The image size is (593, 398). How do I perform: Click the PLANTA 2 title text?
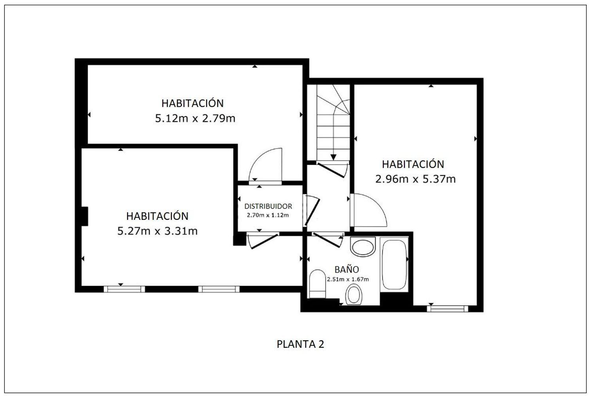[300, 344]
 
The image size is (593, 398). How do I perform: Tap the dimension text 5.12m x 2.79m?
[195, 118]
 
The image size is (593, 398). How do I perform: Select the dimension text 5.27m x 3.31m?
[157, 231]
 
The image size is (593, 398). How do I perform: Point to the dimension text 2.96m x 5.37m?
[415, 179]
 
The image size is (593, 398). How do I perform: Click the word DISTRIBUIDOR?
[268, 206]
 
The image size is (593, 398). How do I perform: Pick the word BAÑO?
[347, 269]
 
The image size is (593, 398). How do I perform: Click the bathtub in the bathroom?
[394, 264]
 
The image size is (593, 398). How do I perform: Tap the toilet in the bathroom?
[317, 284]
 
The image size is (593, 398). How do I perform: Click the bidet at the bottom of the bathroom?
[354, 294]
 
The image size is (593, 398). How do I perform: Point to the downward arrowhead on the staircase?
[333, 157]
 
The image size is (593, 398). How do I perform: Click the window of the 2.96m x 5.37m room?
[448, 309]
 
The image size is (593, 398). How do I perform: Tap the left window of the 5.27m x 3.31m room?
[124, 289]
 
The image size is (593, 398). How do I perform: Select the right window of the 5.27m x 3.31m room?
[219, 289]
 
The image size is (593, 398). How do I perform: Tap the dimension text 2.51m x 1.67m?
[348, 279]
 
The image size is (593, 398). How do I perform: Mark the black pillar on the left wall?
[85, 216]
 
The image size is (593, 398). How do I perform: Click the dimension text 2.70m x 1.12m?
[268, 215]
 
